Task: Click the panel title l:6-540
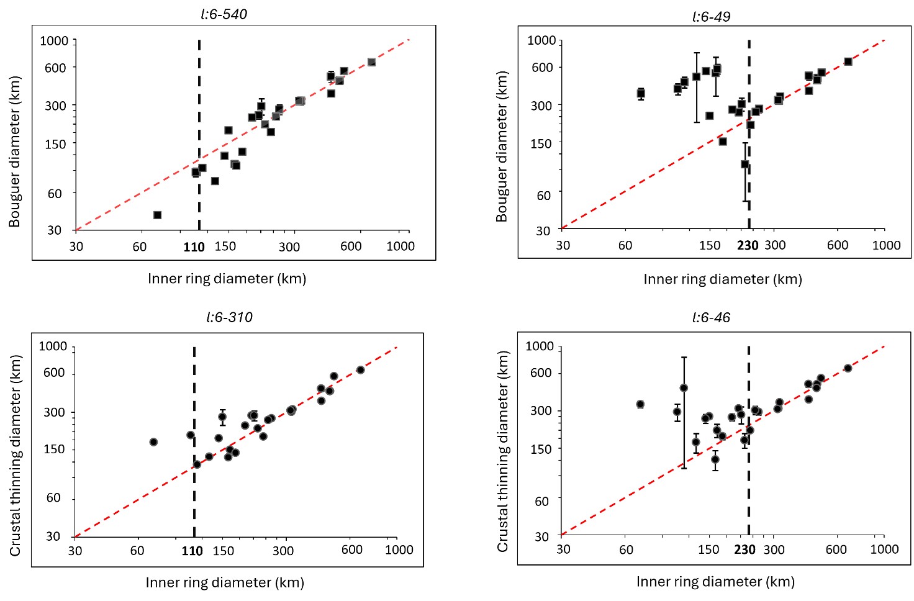click(x=224, y=14)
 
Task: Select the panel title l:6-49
click(x=711, y=17)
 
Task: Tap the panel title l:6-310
click(x=229, y=317)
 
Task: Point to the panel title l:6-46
click(x=711, y=317)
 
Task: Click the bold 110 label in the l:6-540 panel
click(x=194, y=247)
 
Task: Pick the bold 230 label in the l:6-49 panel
click(x=748, y=245)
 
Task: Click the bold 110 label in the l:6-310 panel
click(x=192, y=551)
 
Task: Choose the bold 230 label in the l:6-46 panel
click(x=744, y=549)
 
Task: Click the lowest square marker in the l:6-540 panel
click(x=157, y=215)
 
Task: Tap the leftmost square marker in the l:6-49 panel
click(x=641, y=94)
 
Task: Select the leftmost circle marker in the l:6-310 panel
click(x=153, y=442)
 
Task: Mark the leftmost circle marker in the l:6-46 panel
click(x=640, y=404)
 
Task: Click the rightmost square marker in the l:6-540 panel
click(x=371, y=62)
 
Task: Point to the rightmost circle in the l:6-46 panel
click(x=848, y=368)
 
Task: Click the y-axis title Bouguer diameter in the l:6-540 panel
click(x=14, y=151)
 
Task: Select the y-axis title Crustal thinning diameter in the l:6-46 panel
click(x=502, y=451)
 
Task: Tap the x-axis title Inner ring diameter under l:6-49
click(x=722, y=279)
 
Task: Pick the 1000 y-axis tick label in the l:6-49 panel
click(x=541, y=40)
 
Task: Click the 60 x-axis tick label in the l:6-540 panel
click(x=139, y=246)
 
